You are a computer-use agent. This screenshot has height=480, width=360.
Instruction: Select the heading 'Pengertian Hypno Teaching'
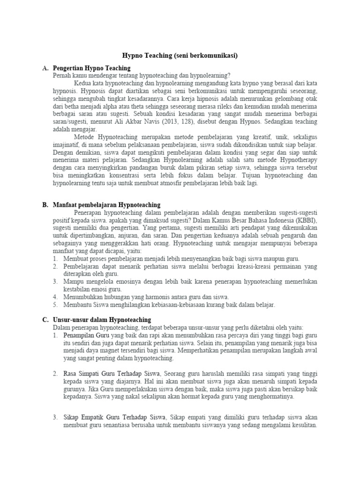92,68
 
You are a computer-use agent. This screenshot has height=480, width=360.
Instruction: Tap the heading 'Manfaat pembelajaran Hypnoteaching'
107,204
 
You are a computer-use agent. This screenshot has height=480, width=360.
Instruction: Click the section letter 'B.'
45,204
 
